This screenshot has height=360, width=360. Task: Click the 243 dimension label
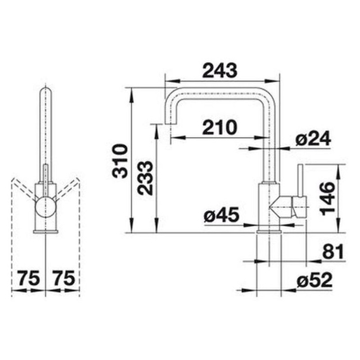pyautogui.click(x=220, y=71)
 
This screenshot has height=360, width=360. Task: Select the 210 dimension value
pyautogui.click(x=219, y=128)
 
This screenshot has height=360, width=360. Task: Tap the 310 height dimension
pyautogui.click(x=119, y=161)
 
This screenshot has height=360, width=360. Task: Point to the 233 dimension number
pyautogui.click(x=145, y=178)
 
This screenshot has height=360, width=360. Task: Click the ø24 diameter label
pyautogui.click(x=313, y=138)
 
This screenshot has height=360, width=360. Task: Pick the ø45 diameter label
pyautogui.click(x=221, y=215)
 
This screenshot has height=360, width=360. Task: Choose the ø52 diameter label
pyautogui.click(x=315, y=280)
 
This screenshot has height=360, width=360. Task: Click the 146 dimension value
pyautogui.click(x=327, y=198)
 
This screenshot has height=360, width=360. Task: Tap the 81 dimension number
pyautogui.click(x=333, y=251)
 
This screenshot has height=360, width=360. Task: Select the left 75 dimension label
pyautogui.click(x=28, y=278)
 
